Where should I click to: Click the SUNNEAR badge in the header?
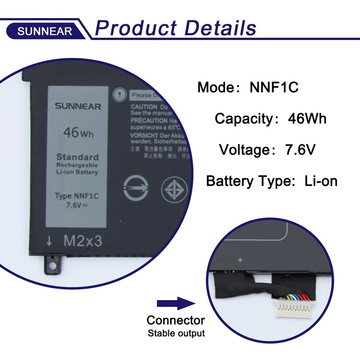(45, 31)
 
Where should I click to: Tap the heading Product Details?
(175, 27)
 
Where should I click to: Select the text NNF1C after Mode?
(274, 87)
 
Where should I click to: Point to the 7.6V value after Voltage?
(301, 150)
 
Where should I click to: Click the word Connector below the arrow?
(175, 320)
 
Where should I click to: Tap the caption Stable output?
(176, 333)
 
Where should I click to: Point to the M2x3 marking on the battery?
(82, 241)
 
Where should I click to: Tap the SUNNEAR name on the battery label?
(78, 107)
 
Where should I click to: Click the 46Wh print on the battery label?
(78, 133)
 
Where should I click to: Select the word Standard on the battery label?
(77, 157)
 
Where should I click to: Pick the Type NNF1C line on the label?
(77, 196)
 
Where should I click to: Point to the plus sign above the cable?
(240, 260)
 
